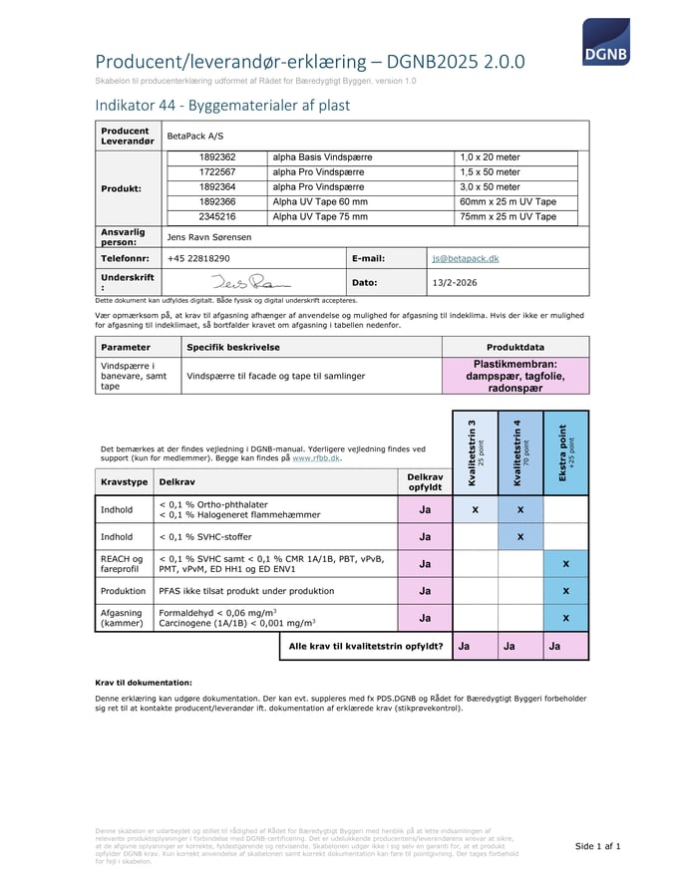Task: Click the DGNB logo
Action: (605, 41)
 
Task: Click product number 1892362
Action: (217, 157)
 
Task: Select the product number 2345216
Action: (217, 216)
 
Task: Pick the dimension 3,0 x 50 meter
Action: (490, 186)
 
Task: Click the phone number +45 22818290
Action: (198, 258)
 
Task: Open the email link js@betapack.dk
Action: (465, 258)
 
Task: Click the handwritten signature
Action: (240, 282)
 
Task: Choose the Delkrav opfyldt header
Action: (425, 481)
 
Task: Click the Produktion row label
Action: (123, 590)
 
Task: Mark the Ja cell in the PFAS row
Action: (425, 590)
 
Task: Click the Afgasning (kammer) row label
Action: (122, 618)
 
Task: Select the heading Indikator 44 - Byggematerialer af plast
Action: (222, 105)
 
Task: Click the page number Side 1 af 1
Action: (598, 846)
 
